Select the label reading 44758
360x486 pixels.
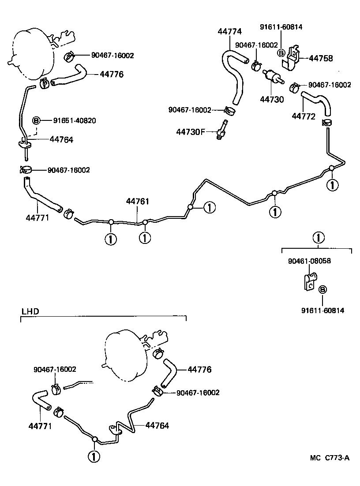pyautogui.click(x=321, y=58)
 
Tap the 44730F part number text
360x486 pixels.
pyautogui.click(x=191, y=132)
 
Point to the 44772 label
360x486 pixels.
pyautogui.click(x=303, y=116)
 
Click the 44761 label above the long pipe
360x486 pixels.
pyautogui.click(x=138, y=202)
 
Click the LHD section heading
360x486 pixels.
pyautogui.click(x=30, y=311)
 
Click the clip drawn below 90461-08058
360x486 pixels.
pyautogui.click(x=310, y=282)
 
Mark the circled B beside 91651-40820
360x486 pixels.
pyautogui.click(x=37, y=120)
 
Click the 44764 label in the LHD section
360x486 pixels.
pyautogui.click(x=157, y=426)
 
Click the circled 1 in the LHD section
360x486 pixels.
pyautogui.click(x=94, y=456)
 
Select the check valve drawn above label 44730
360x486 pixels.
pyautogui.click(x=272, y=77)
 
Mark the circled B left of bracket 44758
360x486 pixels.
pyautogui.click(x=280, y=53)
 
